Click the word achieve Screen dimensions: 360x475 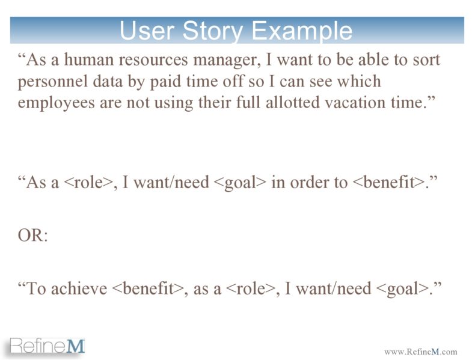pyautogui.click(x=79, y=288)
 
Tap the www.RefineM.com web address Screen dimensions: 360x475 pyautogui.click(x=420, y=352)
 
